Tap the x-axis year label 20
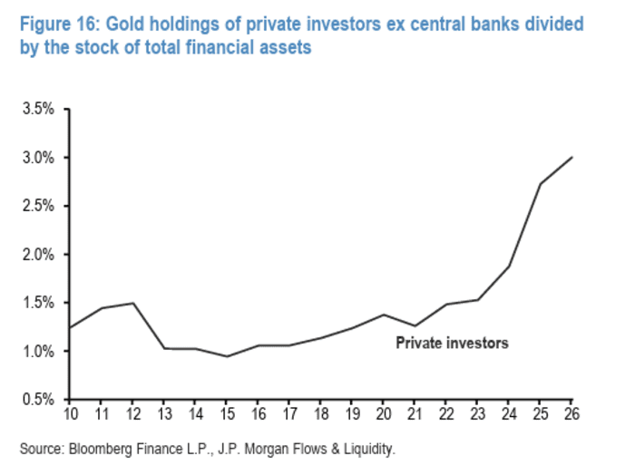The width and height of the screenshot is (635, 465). click(x=383, y=416)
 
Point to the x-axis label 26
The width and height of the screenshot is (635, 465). click(x=571, y=416)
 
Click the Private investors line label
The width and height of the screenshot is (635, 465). click(x=452, y=344)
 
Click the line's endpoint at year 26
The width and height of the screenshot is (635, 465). click(x=571, y=157)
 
